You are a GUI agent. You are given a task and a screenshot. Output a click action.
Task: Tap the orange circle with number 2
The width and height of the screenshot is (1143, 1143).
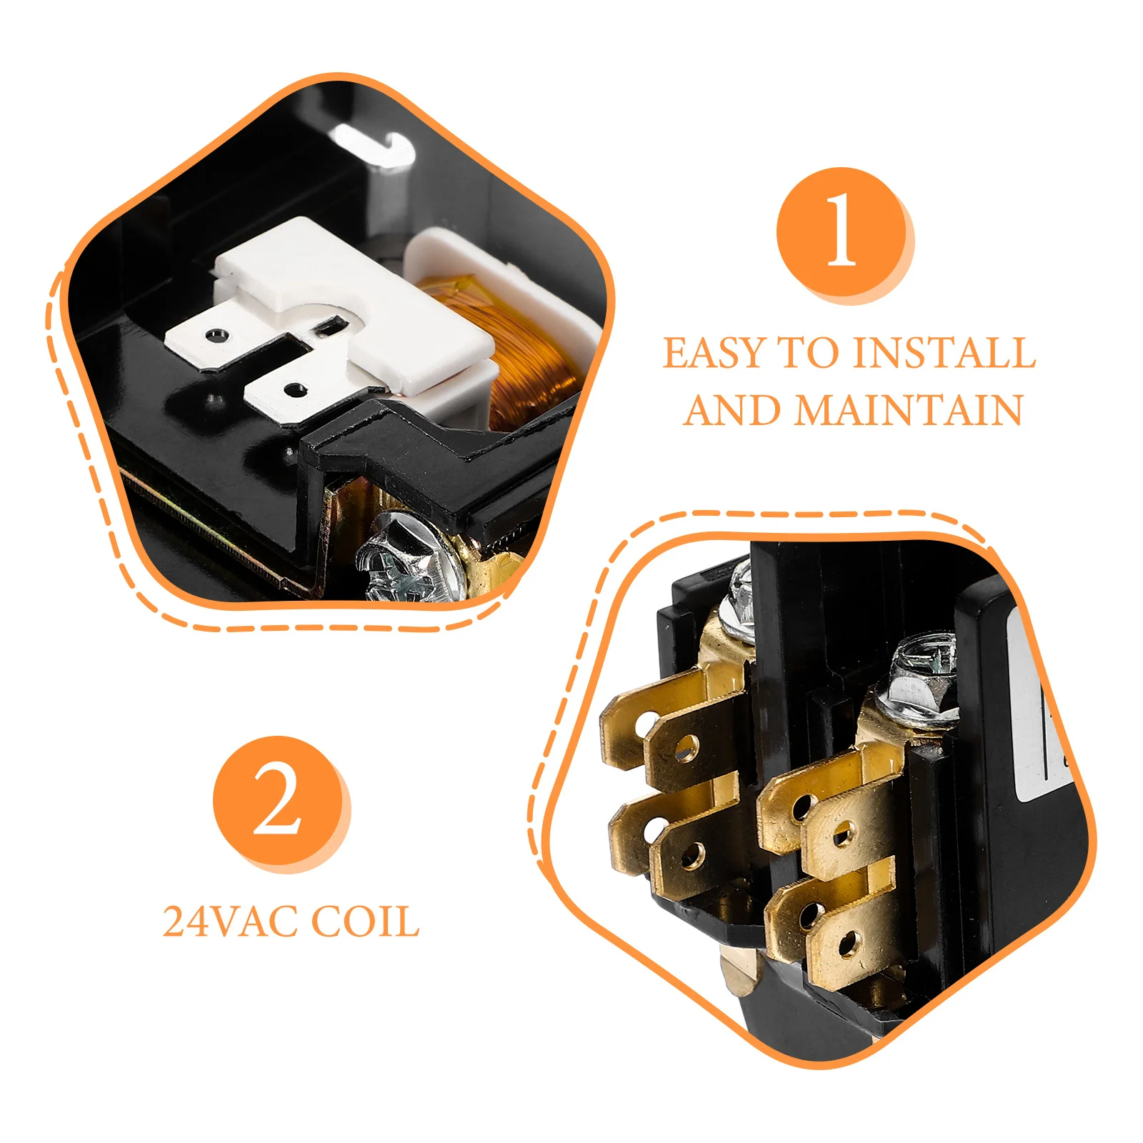click(278, 800)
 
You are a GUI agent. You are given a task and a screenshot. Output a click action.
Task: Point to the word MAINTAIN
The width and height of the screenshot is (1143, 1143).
click(908, 410)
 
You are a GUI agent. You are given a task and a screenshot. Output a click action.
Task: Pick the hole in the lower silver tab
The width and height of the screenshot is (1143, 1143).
click(294, 390)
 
